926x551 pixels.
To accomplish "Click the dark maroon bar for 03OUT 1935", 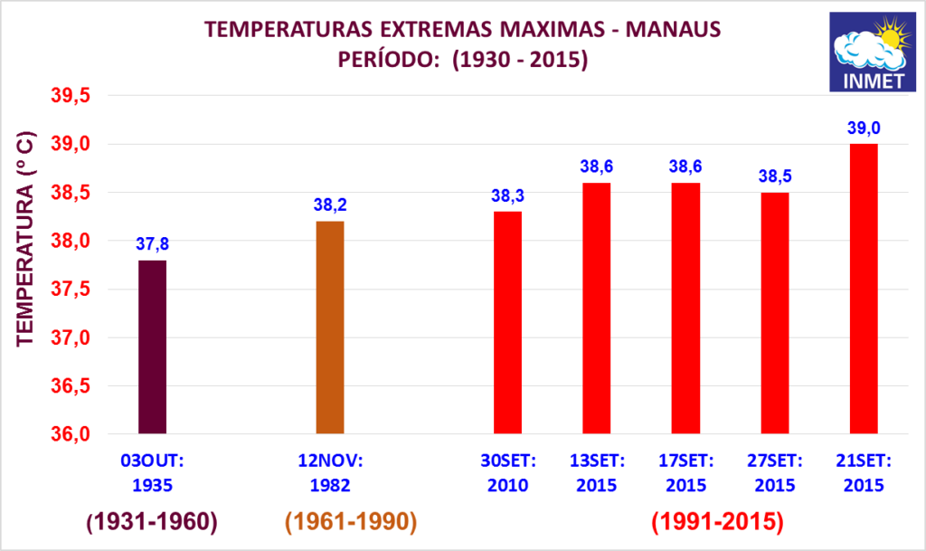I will point(152,347).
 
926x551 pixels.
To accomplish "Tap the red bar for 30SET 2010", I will point(508,323).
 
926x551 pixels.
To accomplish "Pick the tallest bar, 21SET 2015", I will point(865,290).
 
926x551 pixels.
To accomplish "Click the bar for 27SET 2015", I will point(775,313).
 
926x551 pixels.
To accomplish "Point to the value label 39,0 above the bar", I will point(865,128).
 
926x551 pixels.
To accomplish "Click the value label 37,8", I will point(152,243).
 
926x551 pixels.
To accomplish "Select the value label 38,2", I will point(330,205).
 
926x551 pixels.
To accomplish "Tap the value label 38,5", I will point(775,176).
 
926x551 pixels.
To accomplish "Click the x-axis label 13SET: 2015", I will point(597,472).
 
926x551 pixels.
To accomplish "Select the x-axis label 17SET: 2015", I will point(685,472).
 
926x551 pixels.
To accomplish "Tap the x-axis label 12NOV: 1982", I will point(330,472).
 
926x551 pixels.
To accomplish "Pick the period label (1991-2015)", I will point(716,522).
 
